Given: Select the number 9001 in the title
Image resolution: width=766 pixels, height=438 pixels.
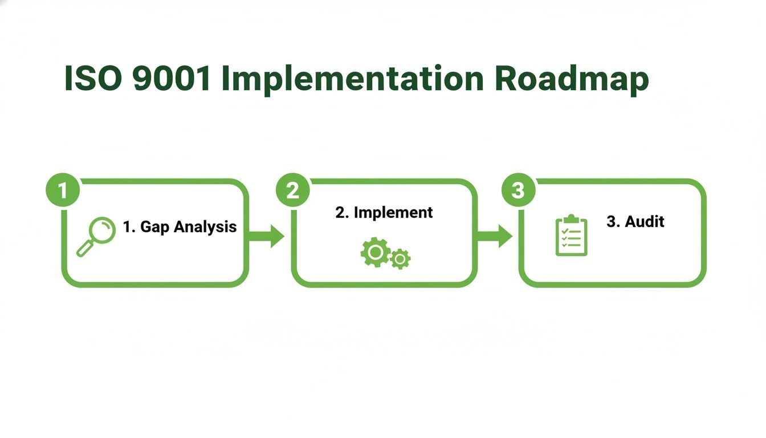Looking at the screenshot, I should pos(171,79).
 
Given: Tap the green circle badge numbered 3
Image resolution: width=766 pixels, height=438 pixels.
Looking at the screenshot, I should pos(518,190).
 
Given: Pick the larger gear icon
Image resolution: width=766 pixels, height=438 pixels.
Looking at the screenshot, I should pos(375,252).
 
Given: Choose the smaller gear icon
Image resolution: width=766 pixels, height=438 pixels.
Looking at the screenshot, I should pos(401,259).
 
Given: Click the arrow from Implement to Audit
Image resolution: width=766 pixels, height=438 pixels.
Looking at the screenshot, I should pos(495,236).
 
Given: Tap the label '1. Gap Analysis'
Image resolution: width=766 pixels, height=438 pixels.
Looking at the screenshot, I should pos(180,227).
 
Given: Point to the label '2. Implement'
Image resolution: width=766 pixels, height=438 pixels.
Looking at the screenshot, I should pos(384,213).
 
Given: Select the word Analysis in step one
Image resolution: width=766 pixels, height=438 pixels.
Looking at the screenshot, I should pos(205,227).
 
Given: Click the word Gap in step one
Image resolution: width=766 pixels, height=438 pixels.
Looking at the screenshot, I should pos(152,228).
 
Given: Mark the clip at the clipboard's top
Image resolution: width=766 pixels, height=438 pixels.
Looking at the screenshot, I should pos(571,219).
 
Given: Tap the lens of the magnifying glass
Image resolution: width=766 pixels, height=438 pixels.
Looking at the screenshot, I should pos(103,230).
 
